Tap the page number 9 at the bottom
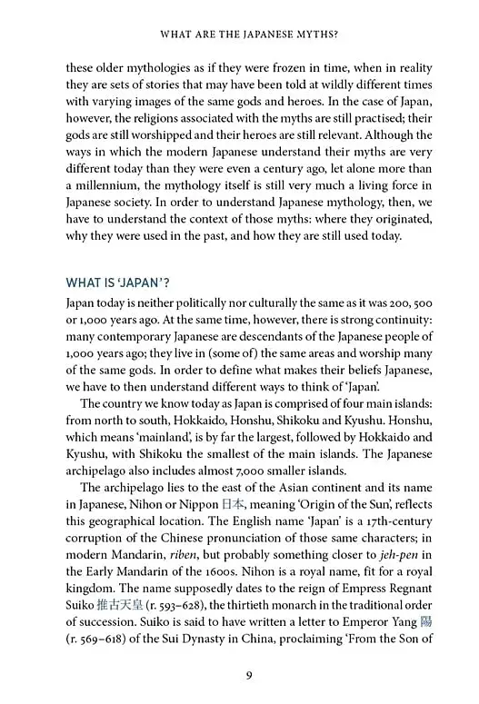[x=239, y=674]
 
